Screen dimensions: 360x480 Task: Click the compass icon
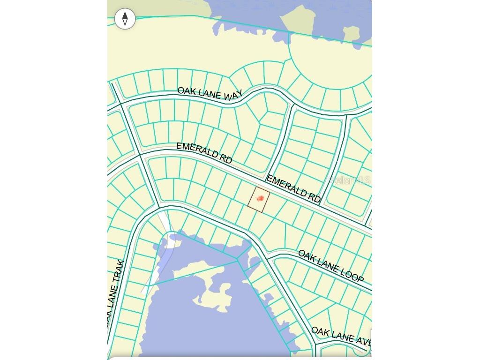tap(125, 19)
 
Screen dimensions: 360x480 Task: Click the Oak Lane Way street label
tap(210, 93)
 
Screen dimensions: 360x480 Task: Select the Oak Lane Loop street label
tap(331, 266)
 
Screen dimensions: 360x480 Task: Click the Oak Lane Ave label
tap(340, 336)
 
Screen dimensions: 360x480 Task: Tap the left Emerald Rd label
tap(204, 152)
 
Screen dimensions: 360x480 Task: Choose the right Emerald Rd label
tap(293, 188)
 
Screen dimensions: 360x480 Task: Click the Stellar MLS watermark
tap(349, 180)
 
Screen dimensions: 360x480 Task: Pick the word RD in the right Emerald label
tap(314, 197)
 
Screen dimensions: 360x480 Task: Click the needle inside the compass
tap(125, 19)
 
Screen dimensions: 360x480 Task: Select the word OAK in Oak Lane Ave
tap(321, 332)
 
